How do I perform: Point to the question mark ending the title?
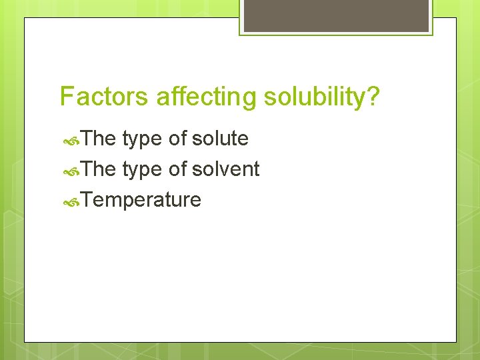pyautogui.click(x=373, y=97)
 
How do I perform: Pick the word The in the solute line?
pyautogui.click(x=100, y=139)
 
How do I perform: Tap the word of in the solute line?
pyautogui.click(x=177, y=139)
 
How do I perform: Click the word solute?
pyautogui.click(x=220, y=139)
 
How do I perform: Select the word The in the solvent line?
pyautogui.click(x=100, y=169)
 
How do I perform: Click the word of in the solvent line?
pyautogui.click(x=177, y=169)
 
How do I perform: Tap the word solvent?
pyautogui.click(x=225, y=169)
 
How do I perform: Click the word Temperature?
pyautogui.click(x=143, y=200)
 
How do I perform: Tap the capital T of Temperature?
pyautogui.click(x=89, y=200)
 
